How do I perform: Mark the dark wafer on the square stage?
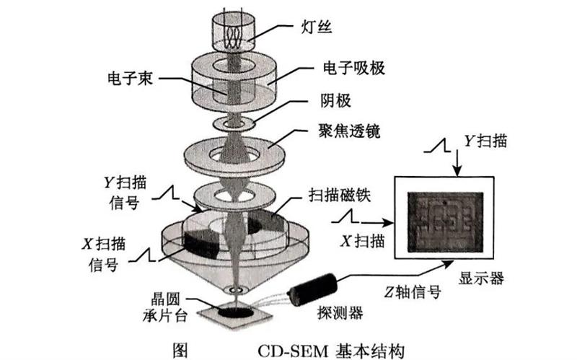coord(234,312)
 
